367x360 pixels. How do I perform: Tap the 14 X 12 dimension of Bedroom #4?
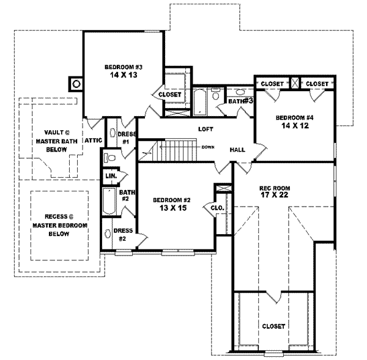click(294, 125)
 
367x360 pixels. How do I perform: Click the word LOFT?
click(205, 130)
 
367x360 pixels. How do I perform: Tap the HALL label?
click(238, 150)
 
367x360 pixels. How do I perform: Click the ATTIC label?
click(92, 140)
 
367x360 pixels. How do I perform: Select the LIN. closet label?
click(111, 176)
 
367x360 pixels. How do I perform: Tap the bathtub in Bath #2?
click(109, 202)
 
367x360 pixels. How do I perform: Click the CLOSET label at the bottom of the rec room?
click(273, 326)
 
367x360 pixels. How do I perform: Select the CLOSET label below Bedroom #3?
click(169, 95)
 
